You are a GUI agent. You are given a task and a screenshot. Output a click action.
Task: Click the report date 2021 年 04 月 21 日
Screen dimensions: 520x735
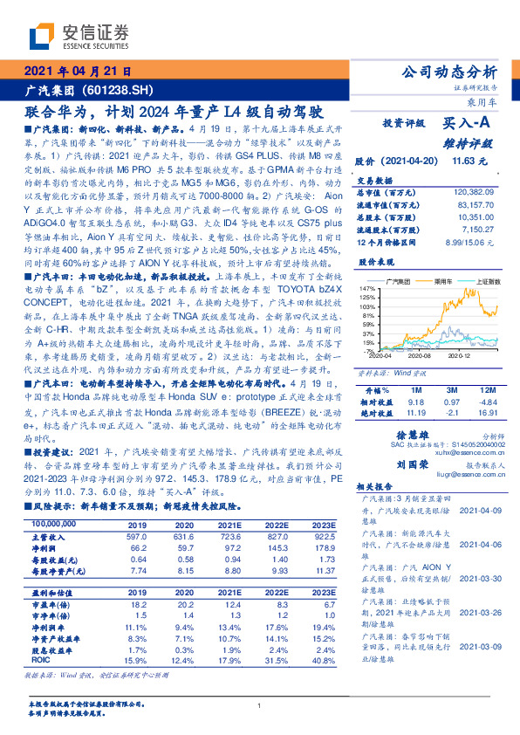78,72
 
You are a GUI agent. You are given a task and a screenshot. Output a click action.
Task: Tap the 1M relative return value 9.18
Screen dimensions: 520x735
414,400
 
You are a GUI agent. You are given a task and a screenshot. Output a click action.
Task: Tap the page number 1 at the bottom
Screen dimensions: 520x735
260,705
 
